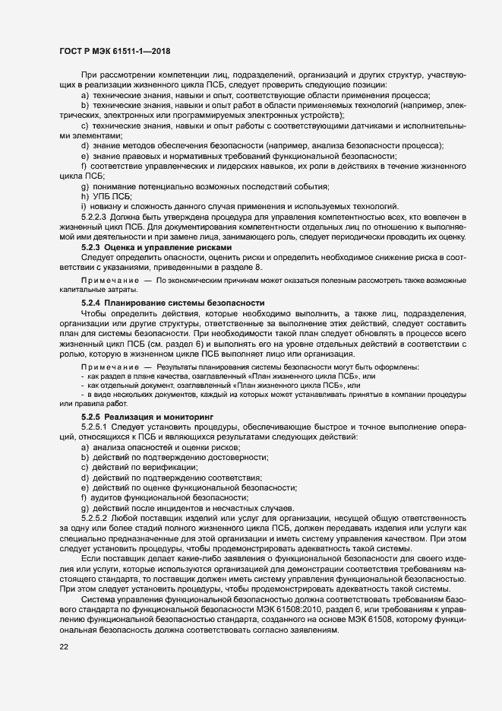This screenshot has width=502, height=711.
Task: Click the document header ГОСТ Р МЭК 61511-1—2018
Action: point(115,52)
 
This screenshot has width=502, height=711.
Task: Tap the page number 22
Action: point(64,647)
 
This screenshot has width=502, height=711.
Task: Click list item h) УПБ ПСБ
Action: point(106,196)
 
